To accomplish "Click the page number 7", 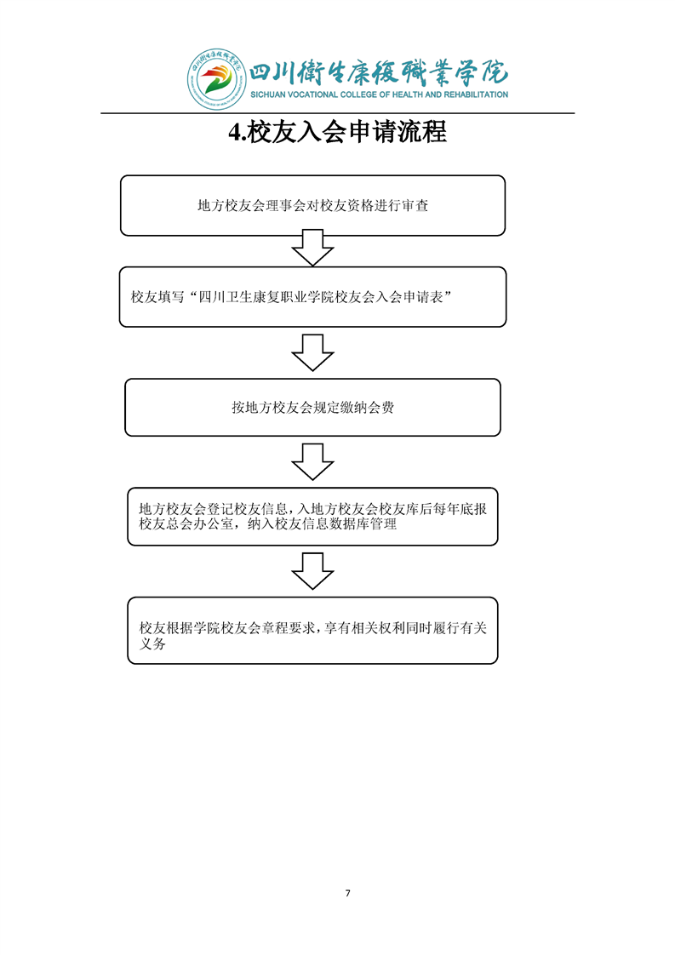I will click(x=347, y=893).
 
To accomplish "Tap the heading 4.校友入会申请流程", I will click(x=338, y=132).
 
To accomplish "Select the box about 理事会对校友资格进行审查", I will click(x=312, y=205).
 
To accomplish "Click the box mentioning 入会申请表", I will click(x=312, y=297).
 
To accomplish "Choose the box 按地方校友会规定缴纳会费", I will click(x=312, y=408).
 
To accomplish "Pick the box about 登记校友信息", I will click(x=312, y=517).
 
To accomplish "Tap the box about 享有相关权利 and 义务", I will click(x=312, y=631).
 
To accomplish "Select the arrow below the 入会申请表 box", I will click(x=312, y=352).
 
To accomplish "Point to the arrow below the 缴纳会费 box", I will click(x=312, y=462).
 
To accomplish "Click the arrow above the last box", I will click(x=312, y=571).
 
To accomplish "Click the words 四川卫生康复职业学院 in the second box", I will click(x=258, y=298).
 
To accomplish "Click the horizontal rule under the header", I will click(x=338, y=113).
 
